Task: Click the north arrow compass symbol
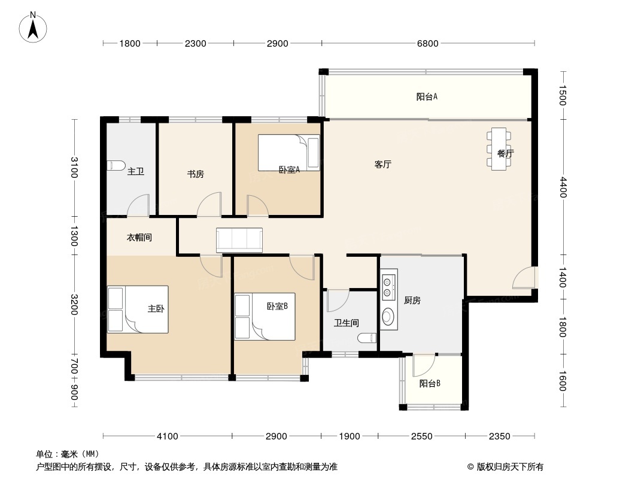coord(33,28)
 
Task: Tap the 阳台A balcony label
coord(427,97)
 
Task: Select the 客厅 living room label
coord(383,165)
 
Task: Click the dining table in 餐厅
coord(499,149)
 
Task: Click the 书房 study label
coord(195,174)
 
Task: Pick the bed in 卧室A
coord(289,153)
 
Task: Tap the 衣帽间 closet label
coord(139,237)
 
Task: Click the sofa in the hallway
coord(239,240)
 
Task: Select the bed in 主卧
coord(138,310)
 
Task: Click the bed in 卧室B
coord(265,317)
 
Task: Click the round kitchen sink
coord(388,317)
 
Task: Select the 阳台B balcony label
coord(430,383)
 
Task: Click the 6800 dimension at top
coord(428,43)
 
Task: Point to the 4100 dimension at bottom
coord(168,436)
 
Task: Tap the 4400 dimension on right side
coord(563,187)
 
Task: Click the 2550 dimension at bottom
coord(421,436)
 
